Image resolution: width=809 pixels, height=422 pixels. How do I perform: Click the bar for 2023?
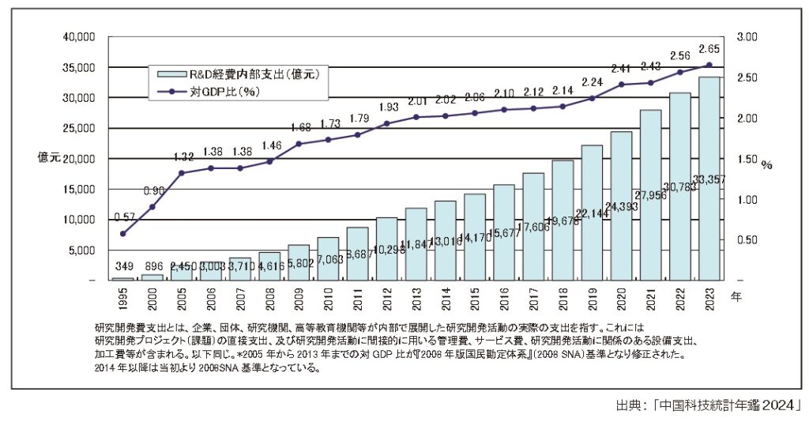(x=709, y=179)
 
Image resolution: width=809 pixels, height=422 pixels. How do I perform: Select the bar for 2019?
(x=591, y=213)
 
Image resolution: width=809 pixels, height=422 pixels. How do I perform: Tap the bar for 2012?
(x=386, y=249)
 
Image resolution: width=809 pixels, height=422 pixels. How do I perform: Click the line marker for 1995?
(x=122, y=234)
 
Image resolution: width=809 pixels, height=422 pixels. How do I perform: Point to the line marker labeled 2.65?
(x=709, y=65)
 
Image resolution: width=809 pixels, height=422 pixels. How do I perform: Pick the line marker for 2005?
(x=181, y=173)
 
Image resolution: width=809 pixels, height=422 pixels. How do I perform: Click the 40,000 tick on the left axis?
(x=78, y=37)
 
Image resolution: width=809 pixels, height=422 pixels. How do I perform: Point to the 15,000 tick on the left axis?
(x=78, y=190)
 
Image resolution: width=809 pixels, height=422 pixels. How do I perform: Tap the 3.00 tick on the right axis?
(x=747, y=37)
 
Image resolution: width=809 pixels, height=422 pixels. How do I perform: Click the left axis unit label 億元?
(x=49, y=157)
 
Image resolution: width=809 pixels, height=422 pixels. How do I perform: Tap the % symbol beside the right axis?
(x=766, y=165)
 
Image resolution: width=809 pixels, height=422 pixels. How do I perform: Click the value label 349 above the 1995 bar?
(x=122, y=266)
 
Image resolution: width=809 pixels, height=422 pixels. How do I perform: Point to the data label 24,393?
(x=621, y=208)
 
